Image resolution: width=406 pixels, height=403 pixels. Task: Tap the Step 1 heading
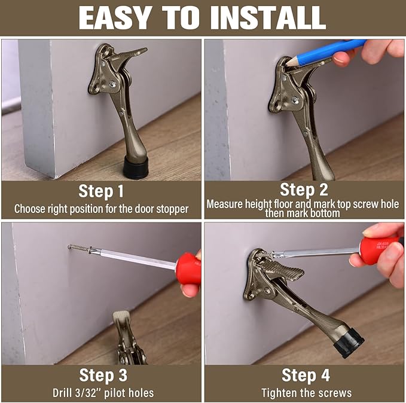coord(101,191)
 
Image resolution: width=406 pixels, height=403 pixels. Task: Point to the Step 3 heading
coord(101,375)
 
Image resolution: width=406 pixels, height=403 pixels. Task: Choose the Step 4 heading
coord(306,375)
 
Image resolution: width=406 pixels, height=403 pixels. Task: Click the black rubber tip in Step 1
coord(137,167)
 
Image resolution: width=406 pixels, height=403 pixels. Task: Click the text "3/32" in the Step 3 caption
coord(84,393)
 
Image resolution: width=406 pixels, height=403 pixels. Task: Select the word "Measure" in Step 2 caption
coord(225,204)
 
